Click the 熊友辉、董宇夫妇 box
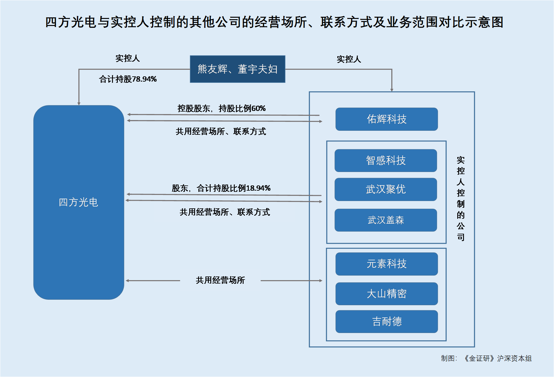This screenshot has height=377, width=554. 237,69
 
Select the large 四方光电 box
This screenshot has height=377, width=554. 79,202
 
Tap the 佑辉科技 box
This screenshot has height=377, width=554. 386,119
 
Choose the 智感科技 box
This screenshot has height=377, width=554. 386,160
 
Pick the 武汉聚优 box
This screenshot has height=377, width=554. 386,189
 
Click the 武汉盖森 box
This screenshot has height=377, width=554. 386,220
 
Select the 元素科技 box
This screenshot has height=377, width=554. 386,264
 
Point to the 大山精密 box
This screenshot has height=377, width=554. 386,294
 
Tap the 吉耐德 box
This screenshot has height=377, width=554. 386,321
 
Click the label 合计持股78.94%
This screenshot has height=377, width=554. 128,79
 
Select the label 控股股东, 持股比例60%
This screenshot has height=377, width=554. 221,108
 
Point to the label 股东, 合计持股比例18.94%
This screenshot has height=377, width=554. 221,188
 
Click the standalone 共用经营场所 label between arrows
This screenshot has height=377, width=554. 220,280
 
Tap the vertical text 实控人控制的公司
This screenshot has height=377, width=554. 461,199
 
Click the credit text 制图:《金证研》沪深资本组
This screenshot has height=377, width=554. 486,358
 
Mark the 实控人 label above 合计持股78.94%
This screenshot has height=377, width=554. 128,58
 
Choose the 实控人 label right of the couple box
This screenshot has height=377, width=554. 349,59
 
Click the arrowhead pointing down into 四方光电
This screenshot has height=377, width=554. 79,104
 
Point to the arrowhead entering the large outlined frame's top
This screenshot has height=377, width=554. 392,90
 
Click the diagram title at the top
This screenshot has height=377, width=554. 274,22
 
